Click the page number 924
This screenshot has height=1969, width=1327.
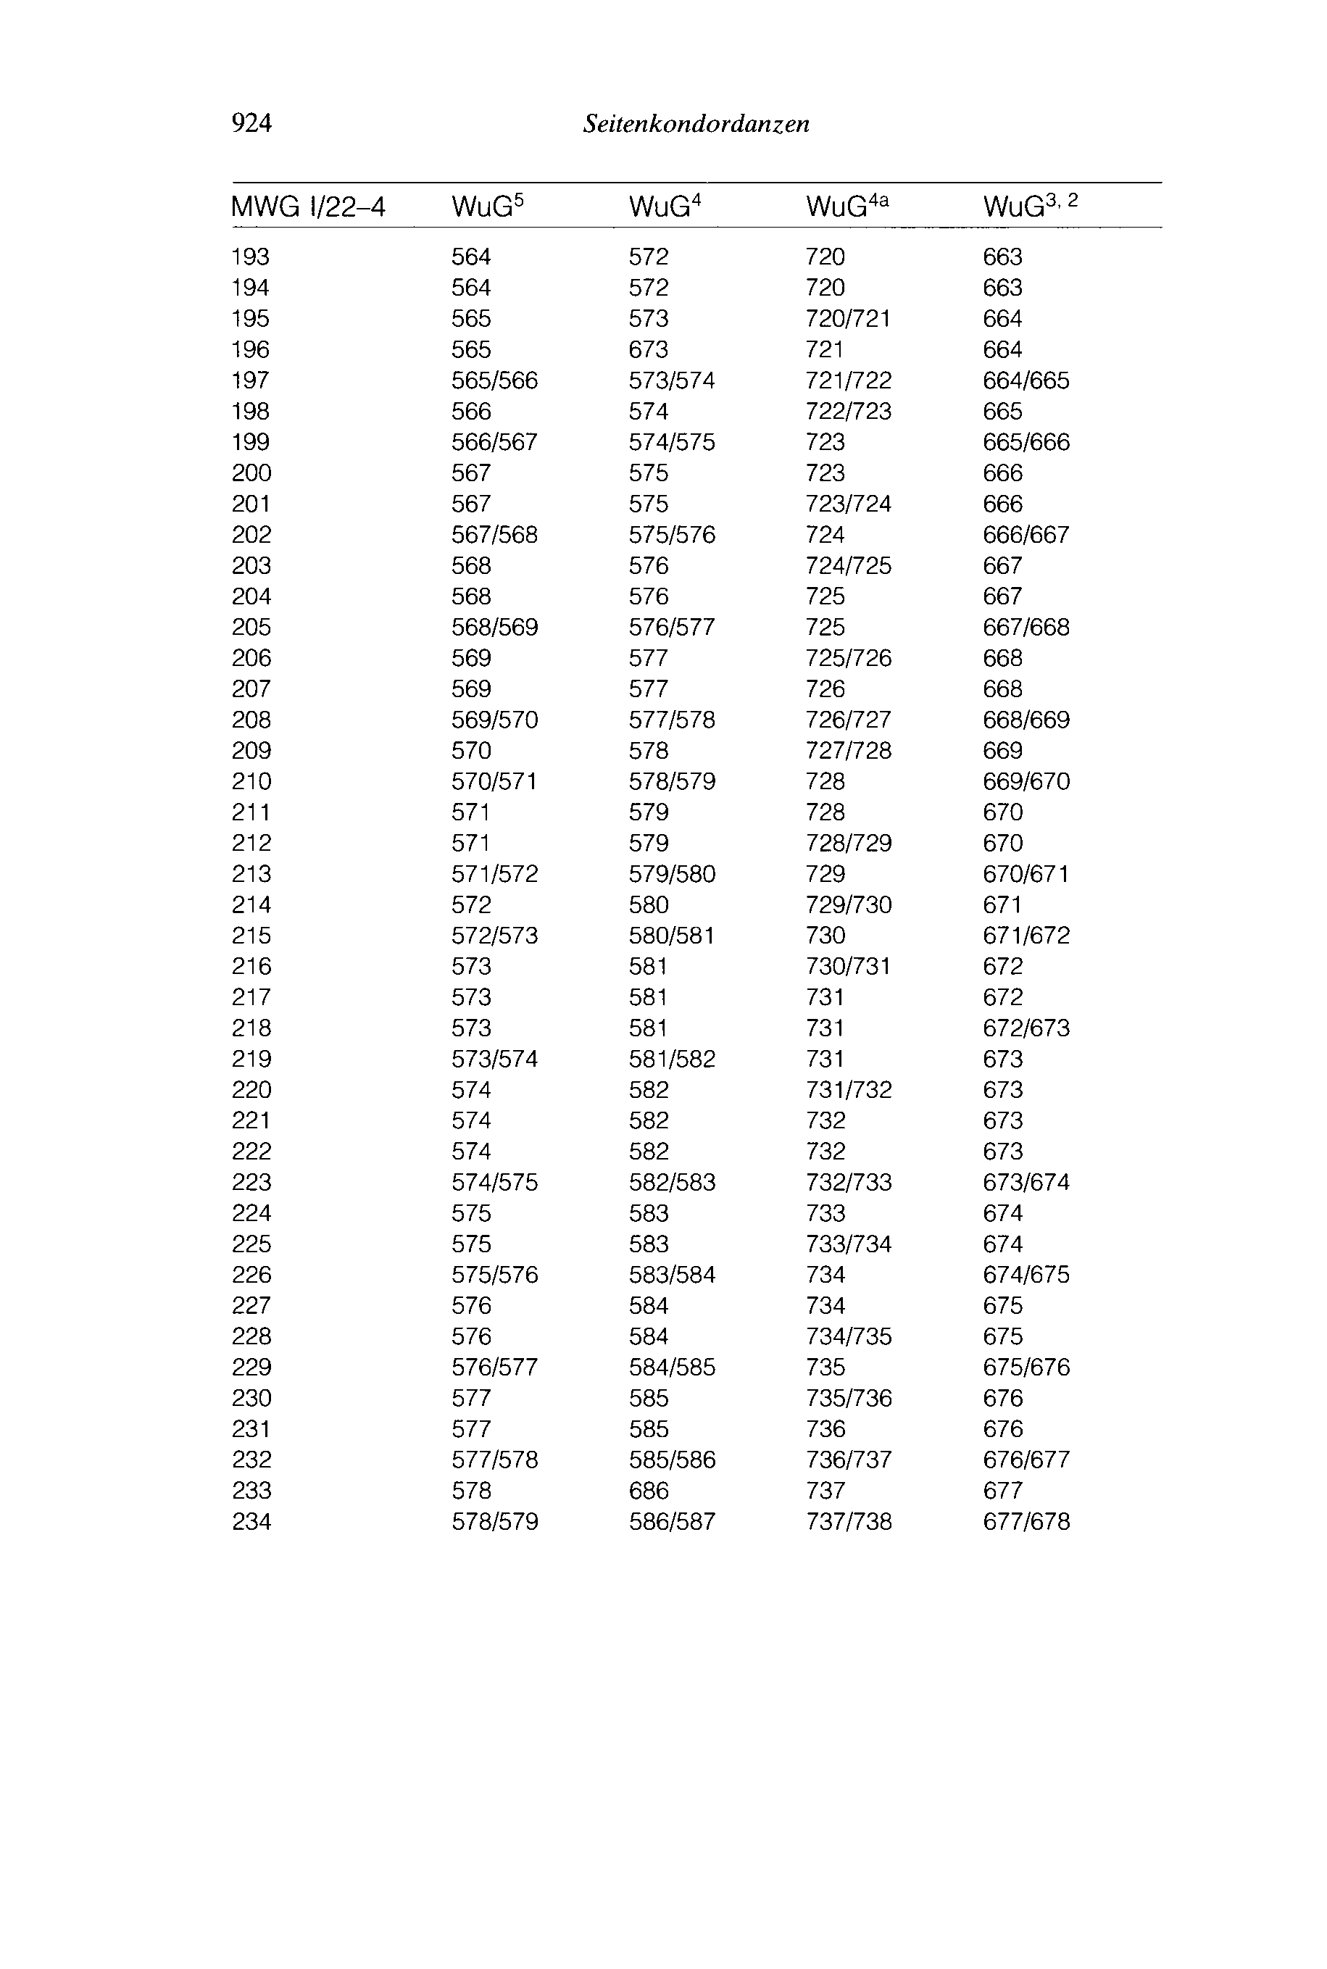tap(251, 123)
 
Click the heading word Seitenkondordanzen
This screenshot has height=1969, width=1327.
tap(696, 125)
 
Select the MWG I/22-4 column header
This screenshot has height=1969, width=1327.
tap(308, 207)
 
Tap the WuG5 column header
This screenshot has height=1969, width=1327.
tap(488, 206)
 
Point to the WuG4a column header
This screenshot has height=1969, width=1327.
tap(847, 206)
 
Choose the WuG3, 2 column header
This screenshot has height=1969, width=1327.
tap(1030, 206)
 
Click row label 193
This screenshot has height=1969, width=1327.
tap(251, 257)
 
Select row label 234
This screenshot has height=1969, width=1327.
tap(251, 1521)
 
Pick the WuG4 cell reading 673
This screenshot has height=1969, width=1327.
tap(648, 349)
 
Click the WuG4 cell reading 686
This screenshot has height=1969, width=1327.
tap(648, 1490)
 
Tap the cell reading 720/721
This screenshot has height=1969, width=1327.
tap(848, 318)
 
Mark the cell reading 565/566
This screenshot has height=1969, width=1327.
tap(494, 380)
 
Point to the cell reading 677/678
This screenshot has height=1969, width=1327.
tap(1026, 1521)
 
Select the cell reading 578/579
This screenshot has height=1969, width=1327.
tap(494, 1521)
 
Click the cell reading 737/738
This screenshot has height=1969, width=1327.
tap(848, 1521)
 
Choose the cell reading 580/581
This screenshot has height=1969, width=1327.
tap(672, 935)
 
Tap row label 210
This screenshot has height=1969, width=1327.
tap(251, 781)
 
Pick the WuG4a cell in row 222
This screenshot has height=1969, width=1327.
tap(825, 1151)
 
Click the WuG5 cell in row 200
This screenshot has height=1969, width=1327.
tap(470, 473)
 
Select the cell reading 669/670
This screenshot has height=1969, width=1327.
tap(1026, 781)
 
